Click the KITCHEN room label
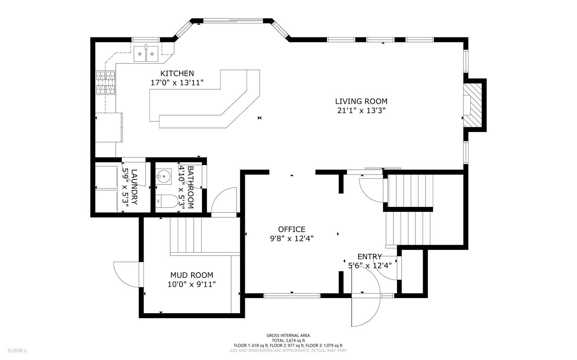coord(177,74)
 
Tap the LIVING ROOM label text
coord(361,102)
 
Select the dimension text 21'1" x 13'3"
coord(361,111)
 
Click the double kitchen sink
coord(146,54)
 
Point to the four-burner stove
coord(105,83)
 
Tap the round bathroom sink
coord(163,177)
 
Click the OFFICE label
coord(291,229)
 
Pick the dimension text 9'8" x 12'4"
coord(291,238)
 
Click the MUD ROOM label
coord(191,275)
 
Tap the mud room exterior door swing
coord(127,275)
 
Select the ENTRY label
coord(369,257)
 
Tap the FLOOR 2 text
coord(17,350)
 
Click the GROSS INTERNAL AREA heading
coord(288,335)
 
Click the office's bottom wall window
coord(292,296)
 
